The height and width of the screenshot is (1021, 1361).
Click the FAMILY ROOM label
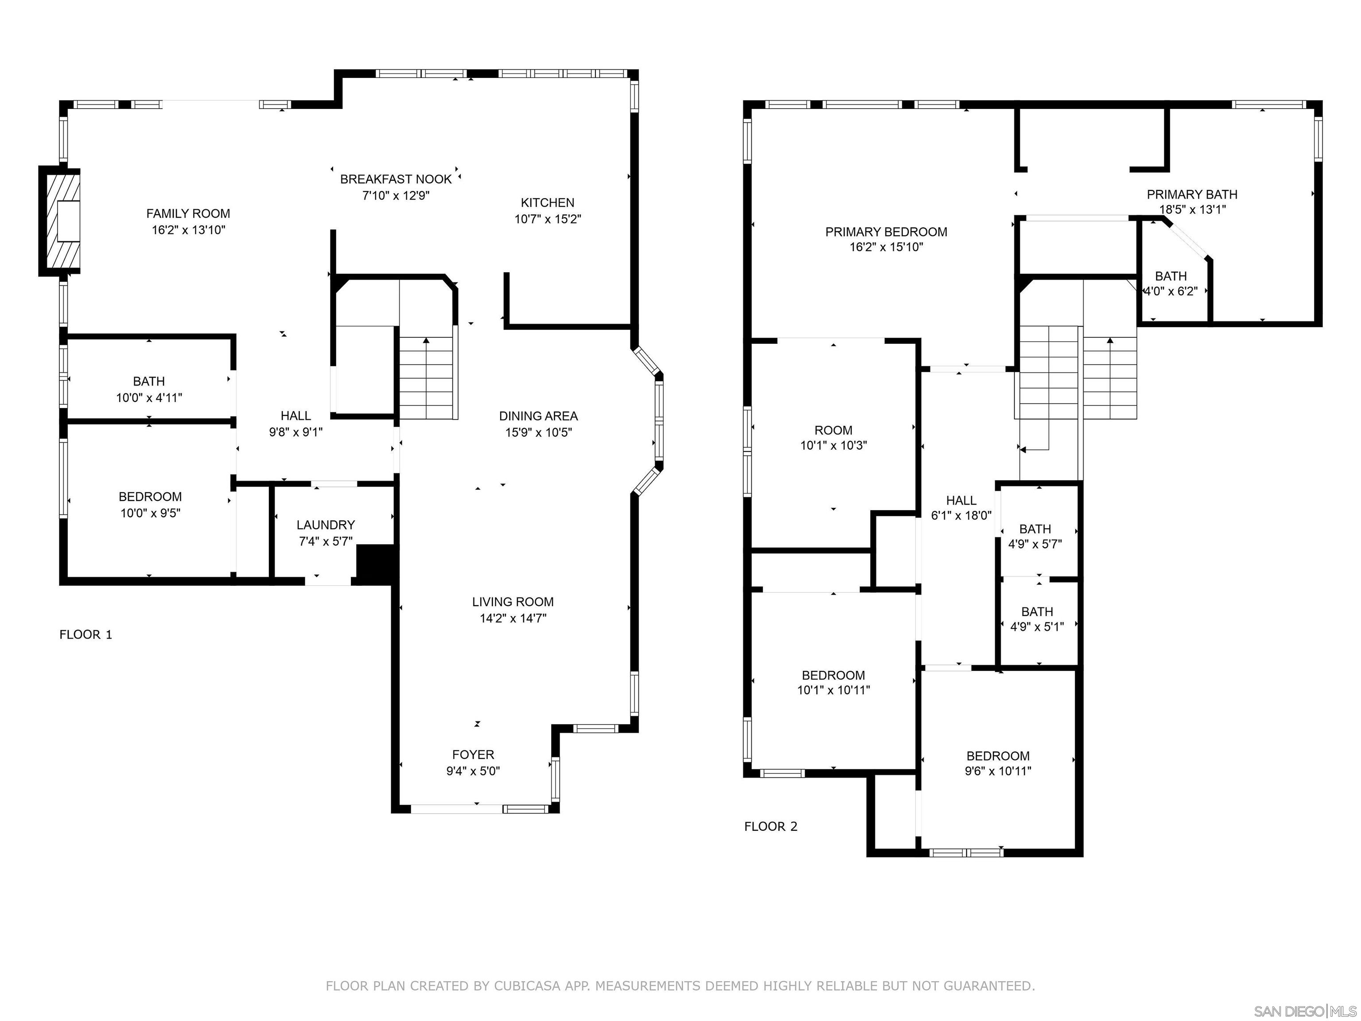pyautogui.click(x=188, y=214)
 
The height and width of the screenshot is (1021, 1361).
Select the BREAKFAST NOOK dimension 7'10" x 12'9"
pyautogui.click(x=395, y=196)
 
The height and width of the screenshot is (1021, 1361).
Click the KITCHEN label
pyautogui.click(x=547, y=203)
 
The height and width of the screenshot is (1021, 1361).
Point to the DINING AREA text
pyautogui.click(x=538, y=416)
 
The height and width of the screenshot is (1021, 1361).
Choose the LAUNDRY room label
pyautogui.click(x=326, y=525)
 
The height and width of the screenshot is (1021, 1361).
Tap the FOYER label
pyautogui.click(x=473, y=755)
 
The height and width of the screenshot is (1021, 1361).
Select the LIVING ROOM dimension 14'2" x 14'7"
pyautogui.click(x=513, y=618)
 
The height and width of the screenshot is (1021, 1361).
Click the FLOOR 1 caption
pyautogui.click(x=86, y=635)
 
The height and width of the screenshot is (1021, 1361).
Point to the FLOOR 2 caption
pyautogui.click(x=770, y=826)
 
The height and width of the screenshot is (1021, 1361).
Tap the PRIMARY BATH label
pyautogui.click(x=1191, y=195)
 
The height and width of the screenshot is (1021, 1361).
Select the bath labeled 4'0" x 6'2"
pyautogui.click(x=1170, y=283)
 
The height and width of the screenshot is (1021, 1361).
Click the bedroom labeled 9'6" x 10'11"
pyautogui.click(x=997, y=763)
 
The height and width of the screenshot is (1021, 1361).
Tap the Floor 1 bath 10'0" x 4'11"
pyautogui.click(x=149, y=389)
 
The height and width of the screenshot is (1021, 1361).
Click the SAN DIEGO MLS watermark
pyautogui.click(x=1304, y=1011)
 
